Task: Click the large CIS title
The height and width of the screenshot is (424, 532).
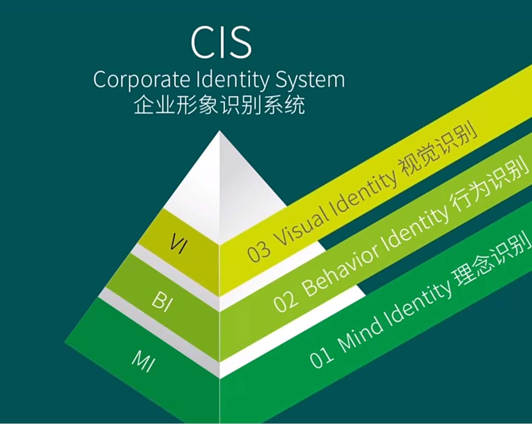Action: click(x=221, y=42)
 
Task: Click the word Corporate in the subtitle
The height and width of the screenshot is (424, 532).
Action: click(x=141, y=80)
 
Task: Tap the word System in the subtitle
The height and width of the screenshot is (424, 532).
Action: click(x=310, y=80)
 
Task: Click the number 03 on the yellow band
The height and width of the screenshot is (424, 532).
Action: click(x=259, y=250)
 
